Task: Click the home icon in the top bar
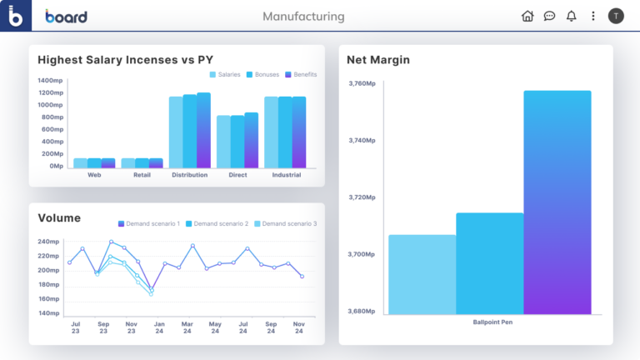tap(527, 16)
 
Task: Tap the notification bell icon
tap(572, 16)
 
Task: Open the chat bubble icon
tap(550, 16)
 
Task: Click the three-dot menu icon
tap(593, 16)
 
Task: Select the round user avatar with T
tap(616, 16)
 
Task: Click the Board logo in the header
tap(66, 17)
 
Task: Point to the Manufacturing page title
tap(303, 17)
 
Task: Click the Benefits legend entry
tap(301, 75)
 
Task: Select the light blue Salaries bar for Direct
tap(223, 142)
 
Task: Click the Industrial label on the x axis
tap(286, 176)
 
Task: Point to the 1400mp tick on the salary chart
tap(50, 81)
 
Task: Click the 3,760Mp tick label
tap(362, 83)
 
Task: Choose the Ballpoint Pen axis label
tap(492, 322)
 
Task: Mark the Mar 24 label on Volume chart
tap(187, 327)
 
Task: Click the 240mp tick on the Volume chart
tap(48, 242)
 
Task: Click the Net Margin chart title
tap(378, 60)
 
